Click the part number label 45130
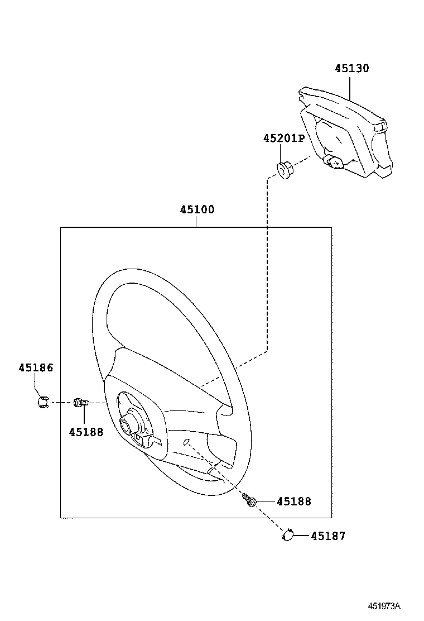click(x=351, y=69)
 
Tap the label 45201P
click(x=284, y=138)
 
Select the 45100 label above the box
click(x=197, y=210)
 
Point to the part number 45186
click(x=36, y=367)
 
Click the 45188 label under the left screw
click(x=86, y=432)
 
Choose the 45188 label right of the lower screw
click(x=293, y=501)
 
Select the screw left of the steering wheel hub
click(x=81, y=402)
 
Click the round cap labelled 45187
click(x=288, y=536)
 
